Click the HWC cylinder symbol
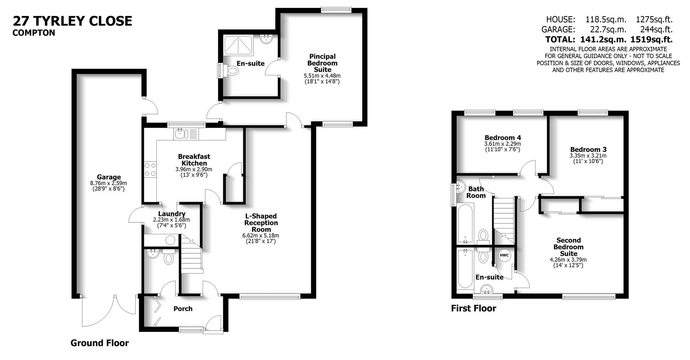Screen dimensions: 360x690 pos(504,255)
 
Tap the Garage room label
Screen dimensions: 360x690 pos(109,177)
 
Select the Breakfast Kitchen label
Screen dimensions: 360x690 pos(194,160)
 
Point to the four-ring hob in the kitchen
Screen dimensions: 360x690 pos(150,170)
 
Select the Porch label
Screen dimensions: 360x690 pos(183,309)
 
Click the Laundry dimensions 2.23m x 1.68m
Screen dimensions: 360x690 pos(171,220)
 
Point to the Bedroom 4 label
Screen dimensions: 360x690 pos(502,138)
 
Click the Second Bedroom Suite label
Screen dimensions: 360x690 pos(568,247)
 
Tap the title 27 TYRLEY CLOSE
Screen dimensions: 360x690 pos(73,21)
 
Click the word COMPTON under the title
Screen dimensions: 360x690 pos(34,33)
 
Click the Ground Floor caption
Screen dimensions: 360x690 pos(100,343)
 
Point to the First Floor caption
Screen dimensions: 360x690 pos(473,308)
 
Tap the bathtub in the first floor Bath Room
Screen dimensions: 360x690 pos(466,223)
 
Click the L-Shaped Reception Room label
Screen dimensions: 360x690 pos(261,223)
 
